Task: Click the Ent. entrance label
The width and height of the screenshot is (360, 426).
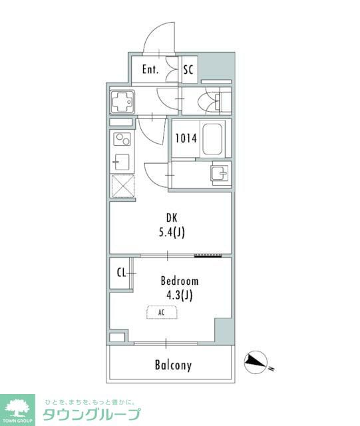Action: pos(150,69)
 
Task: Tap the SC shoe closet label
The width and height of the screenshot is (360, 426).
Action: pos(188,70)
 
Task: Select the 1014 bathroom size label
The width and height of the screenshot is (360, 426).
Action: pos(186,138)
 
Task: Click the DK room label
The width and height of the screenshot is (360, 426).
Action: pos(172,218)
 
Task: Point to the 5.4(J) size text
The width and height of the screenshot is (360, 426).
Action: pos(172,232)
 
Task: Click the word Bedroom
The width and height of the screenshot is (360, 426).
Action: pos(180,281)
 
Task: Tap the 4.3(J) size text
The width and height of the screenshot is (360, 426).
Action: pos(180,295)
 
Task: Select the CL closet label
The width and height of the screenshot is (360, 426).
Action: pos(122,272)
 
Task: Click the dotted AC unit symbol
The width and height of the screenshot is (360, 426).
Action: pos(162,312)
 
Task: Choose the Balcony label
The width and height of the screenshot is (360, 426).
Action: pos(173,365)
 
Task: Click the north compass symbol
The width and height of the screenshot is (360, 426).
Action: pos(256,362)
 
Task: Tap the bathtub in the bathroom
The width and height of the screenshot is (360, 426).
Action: pos(212,139)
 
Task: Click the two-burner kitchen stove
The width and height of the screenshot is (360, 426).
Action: pos(122,139)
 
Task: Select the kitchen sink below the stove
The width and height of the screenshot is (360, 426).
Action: pos(121,162)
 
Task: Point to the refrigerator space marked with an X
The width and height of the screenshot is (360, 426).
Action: pos(123,186)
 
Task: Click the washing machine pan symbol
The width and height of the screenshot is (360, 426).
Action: pos(122,101)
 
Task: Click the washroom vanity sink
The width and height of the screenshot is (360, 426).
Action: pos(220,173)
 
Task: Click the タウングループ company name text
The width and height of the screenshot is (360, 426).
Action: pos(92,414)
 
